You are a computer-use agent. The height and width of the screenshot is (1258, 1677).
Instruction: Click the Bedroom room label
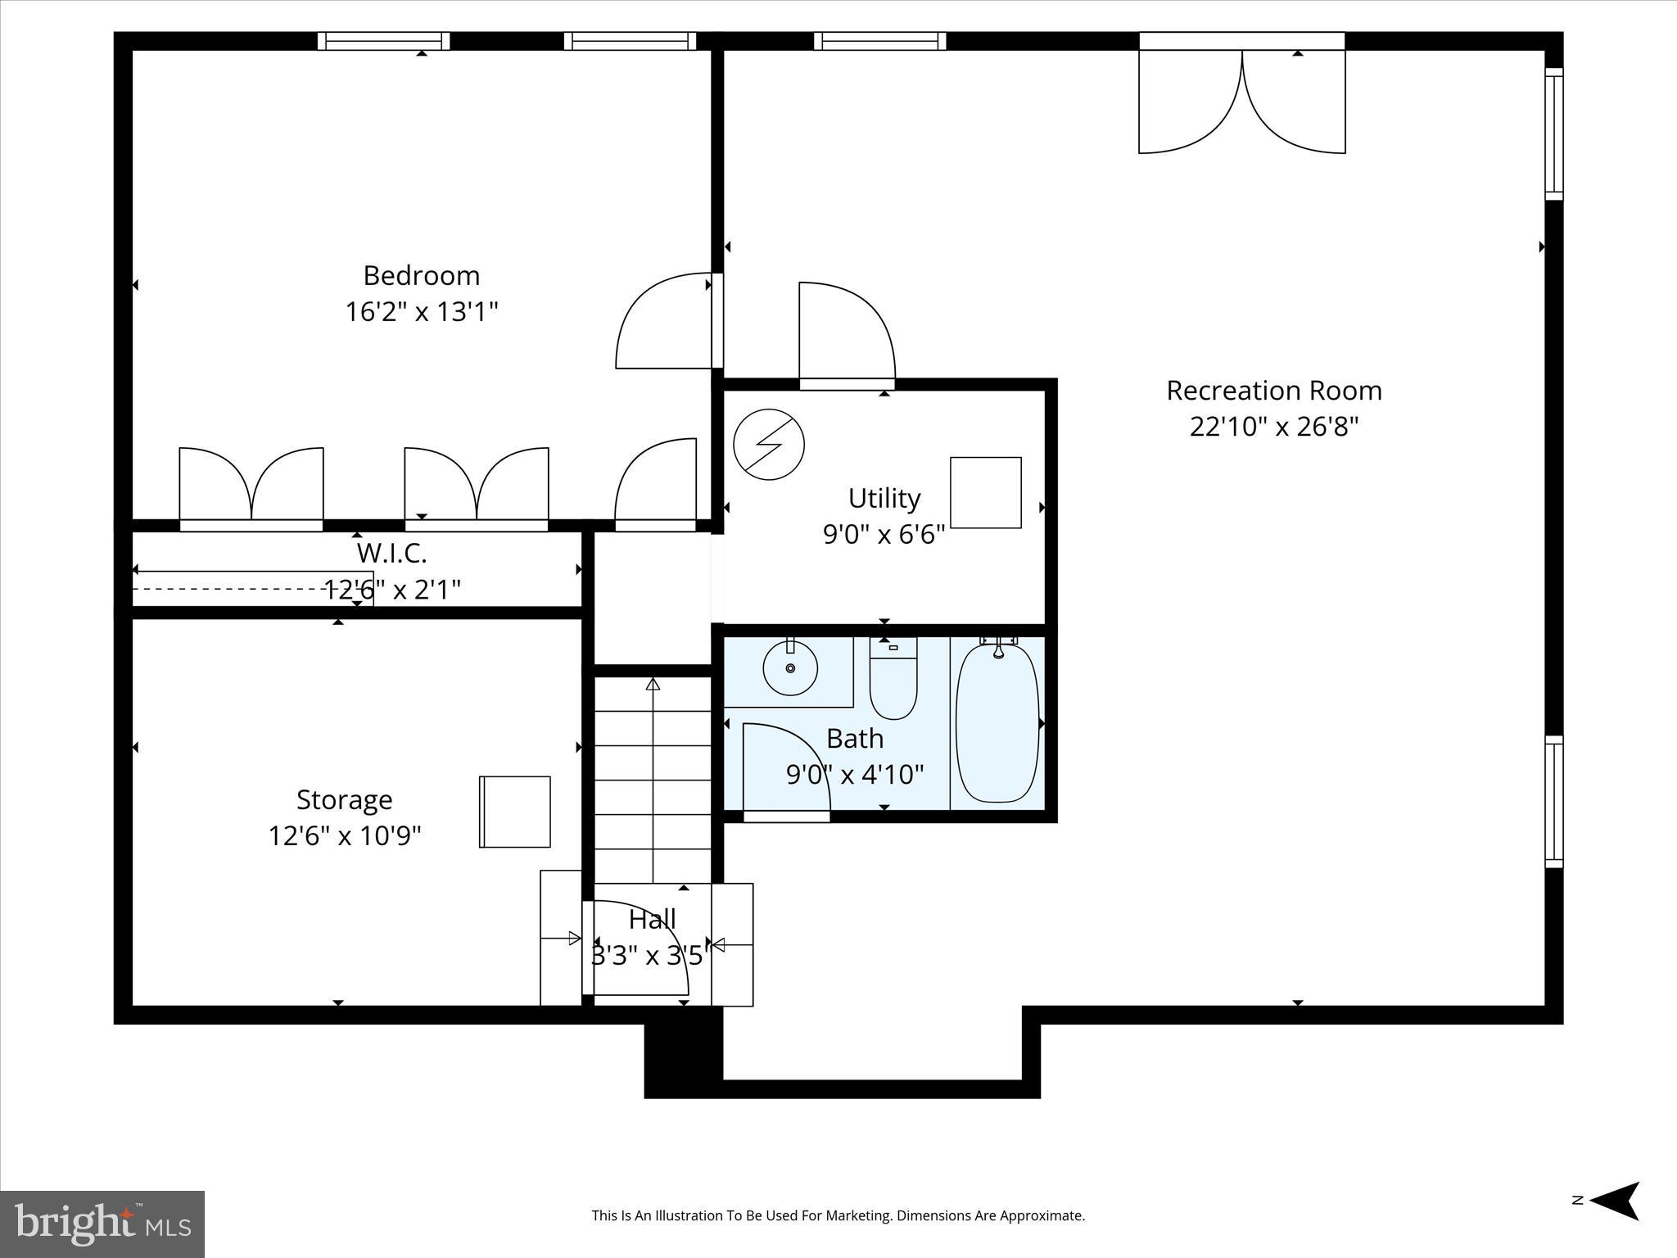(x=421, y=275)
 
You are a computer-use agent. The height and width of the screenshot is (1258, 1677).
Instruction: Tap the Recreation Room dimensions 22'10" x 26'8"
(x=1273, y=427)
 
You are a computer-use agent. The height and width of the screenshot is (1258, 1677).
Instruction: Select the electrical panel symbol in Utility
(x=768, y=445)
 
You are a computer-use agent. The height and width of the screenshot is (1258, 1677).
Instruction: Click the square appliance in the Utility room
(x=985, y=492)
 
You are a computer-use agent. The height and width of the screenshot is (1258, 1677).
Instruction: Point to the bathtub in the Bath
(x=997, y=724)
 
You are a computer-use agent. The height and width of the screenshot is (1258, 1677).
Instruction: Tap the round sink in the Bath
(x=790, y=668)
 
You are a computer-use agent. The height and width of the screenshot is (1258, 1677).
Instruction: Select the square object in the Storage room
(x=514, y=812)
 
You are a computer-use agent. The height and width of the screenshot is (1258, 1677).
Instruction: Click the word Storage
(x=344, y=799)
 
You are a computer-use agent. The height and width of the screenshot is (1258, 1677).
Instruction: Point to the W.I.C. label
(x=391, y=554)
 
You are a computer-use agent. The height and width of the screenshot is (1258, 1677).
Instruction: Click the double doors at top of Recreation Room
(x=1241, y=102)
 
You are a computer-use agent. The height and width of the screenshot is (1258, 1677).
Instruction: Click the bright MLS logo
(x=102, y=1224)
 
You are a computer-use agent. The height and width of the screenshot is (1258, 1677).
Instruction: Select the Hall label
(x=652, y=920)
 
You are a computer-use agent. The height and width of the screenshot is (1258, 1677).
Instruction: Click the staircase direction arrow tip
(x=653, y=683)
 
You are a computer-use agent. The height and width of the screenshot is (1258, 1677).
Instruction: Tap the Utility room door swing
(x=846, y=332)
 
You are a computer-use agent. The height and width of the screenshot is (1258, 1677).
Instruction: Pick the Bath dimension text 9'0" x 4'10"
(x=854, y=774)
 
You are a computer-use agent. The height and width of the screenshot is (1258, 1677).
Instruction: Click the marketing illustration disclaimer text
(x=838, y=1215)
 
